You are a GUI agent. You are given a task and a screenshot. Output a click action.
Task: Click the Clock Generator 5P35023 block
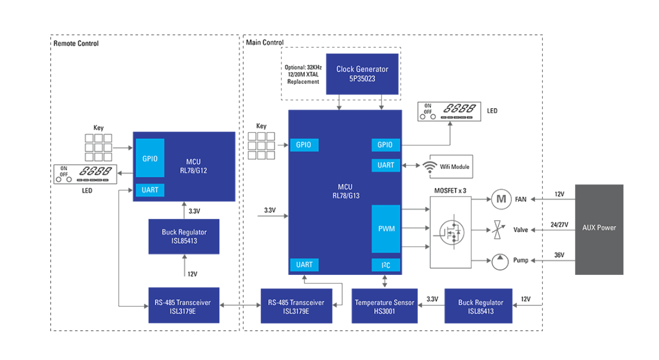click(362, 74)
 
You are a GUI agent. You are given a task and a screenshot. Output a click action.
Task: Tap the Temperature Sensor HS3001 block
click(384, 306)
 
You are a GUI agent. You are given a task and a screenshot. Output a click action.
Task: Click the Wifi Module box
click(451, 167)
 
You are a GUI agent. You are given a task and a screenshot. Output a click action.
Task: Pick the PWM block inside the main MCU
click(386, 229)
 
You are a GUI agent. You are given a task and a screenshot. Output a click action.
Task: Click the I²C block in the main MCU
click(386, 265)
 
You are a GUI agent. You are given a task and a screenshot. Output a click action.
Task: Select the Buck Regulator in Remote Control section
click(184, 236)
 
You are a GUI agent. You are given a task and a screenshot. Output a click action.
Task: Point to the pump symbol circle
click(499, 261)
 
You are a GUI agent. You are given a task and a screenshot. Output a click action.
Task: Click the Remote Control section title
click(76, 43)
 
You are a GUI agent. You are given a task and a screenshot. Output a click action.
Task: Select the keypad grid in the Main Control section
click(261, 146)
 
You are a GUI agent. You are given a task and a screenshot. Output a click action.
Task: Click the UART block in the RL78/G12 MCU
click(150, 190)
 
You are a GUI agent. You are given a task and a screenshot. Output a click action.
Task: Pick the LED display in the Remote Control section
click(83, 174)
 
